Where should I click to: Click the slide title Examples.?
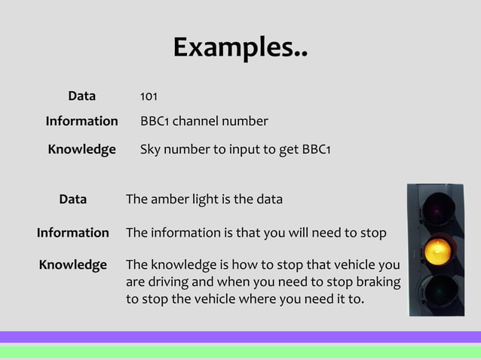[240, 48]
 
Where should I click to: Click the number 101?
[149, 97]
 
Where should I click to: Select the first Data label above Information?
[81, 96]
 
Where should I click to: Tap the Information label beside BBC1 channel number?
[81, 121]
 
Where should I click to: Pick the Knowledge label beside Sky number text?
[81, 149]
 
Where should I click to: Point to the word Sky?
[152, 149]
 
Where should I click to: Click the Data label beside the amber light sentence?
[72, 200]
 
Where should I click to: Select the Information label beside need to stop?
[72, 233]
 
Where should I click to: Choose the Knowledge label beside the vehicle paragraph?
[72, 265]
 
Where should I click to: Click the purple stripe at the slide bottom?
[240, 337]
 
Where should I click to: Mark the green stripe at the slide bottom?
[240, 351]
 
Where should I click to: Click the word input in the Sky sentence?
[239, 149]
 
